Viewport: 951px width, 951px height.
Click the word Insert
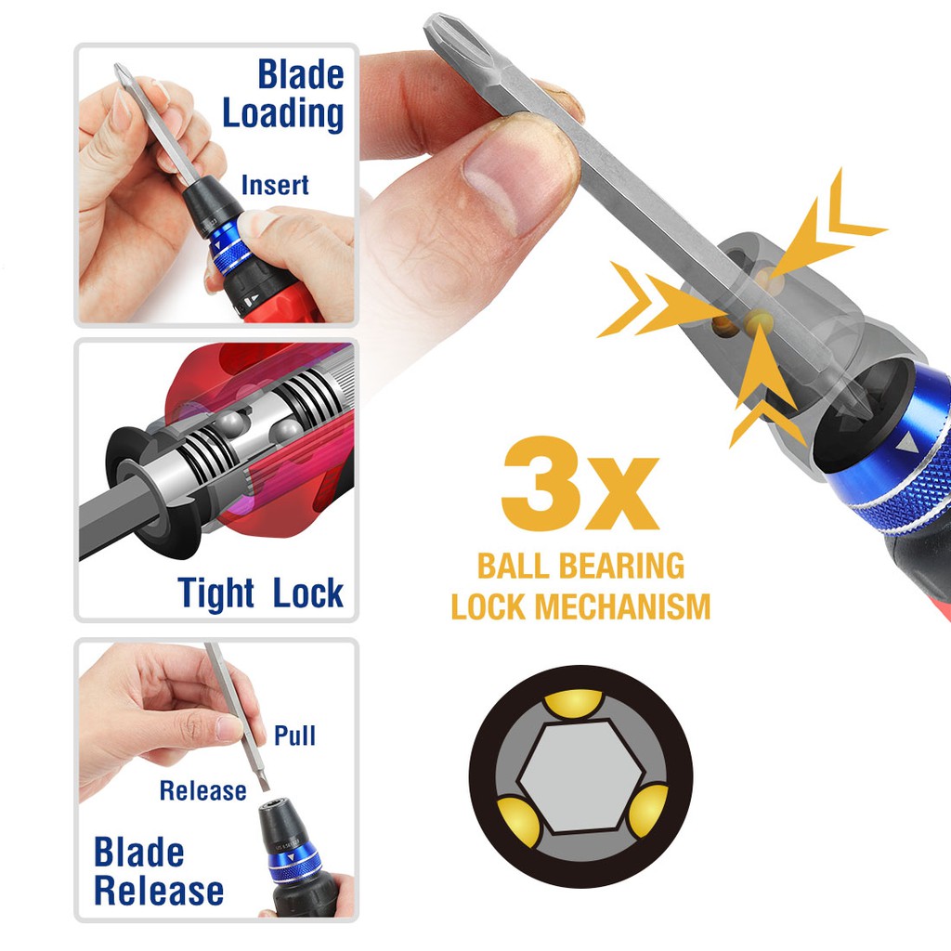tap(275, 185)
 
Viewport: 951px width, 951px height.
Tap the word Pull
tap(294, 736)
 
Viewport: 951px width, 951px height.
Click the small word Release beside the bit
tap(202, 790)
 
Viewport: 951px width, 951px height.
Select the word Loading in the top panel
tap(282, 114)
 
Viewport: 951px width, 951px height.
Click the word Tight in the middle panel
tap(215, 593)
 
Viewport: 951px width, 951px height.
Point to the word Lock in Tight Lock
tap(307, 593)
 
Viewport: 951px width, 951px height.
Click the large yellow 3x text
tap(580, 483)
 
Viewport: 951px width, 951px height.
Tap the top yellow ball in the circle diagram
tap(573, 704)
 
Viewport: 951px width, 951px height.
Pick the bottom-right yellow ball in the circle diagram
tap(646, 811)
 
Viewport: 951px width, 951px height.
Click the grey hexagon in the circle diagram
tap(580, 777)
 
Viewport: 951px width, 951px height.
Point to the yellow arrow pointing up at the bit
tap(763, 381)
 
